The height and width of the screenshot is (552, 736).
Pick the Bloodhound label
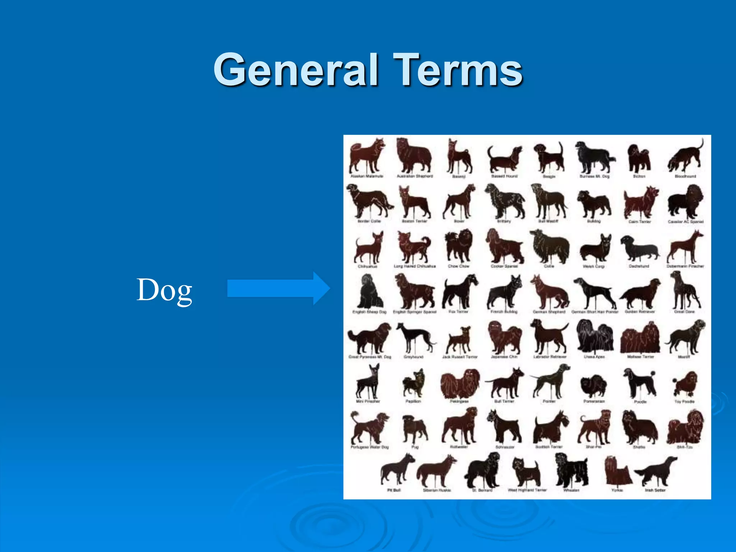click(x=685, y=176)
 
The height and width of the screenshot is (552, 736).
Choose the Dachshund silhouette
click(x=639, y=248)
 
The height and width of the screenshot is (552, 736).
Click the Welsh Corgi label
click(x=594, y=266)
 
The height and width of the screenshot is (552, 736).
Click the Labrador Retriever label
click(x=549, y=357)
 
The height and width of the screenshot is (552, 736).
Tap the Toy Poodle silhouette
click(x=685, y=384)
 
